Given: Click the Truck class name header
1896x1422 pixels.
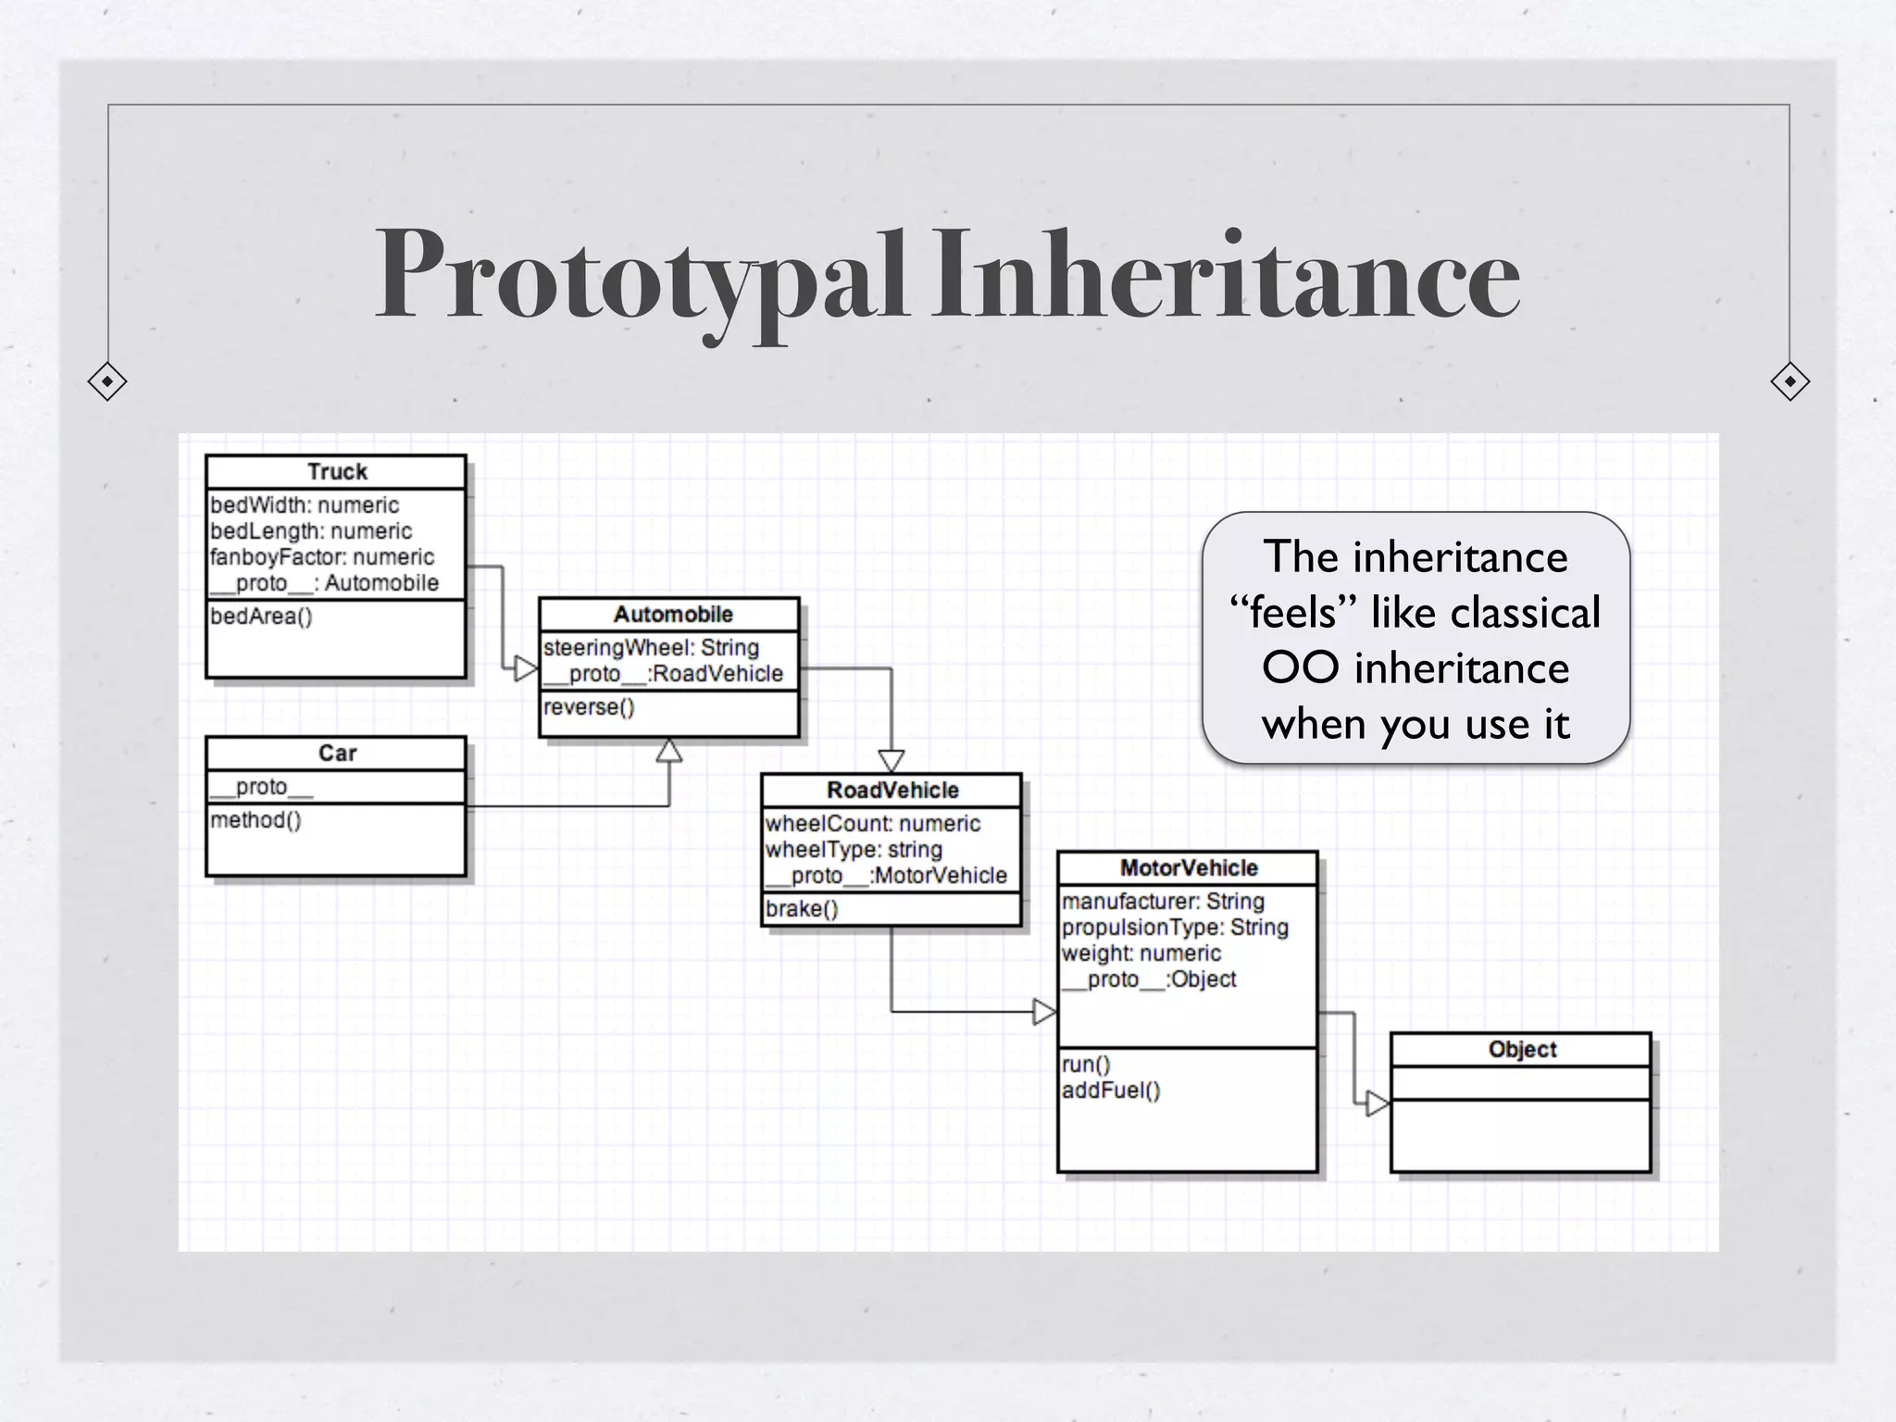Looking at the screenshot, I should [x=337, y=472].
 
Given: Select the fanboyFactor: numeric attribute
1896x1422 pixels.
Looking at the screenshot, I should [x=321, y=557].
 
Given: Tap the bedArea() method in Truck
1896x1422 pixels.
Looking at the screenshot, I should [x=261, y=617].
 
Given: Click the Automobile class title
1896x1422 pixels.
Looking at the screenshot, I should [x=673, y=615].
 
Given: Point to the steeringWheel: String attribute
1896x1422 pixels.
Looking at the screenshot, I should [x=651, y=648].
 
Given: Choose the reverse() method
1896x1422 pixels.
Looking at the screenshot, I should [x=589, y=707].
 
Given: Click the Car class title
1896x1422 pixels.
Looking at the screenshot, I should [x=337, y=754].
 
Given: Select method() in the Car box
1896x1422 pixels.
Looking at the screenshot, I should [x=256, y=820].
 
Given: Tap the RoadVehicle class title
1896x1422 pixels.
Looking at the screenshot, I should [x=892, y=791].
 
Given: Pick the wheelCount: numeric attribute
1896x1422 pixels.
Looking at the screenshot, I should [x=872, y=824].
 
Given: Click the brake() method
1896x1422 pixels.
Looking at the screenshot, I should [x=802, y=909].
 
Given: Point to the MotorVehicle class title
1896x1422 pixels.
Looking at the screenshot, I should [x=1189, y=868].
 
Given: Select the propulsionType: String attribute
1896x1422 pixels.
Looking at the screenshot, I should [x=1175, y=928].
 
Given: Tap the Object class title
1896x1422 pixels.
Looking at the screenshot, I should [x=1522, y=1050].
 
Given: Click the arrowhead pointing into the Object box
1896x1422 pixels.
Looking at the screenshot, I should [x=1378, y=1104].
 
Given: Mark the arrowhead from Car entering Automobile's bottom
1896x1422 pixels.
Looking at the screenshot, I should [x=669, y=751].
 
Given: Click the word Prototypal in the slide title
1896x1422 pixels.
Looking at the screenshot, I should [x=641, y=276].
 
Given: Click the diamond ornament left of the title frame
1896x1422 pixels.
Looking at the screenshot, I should [x=107, y=381].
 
